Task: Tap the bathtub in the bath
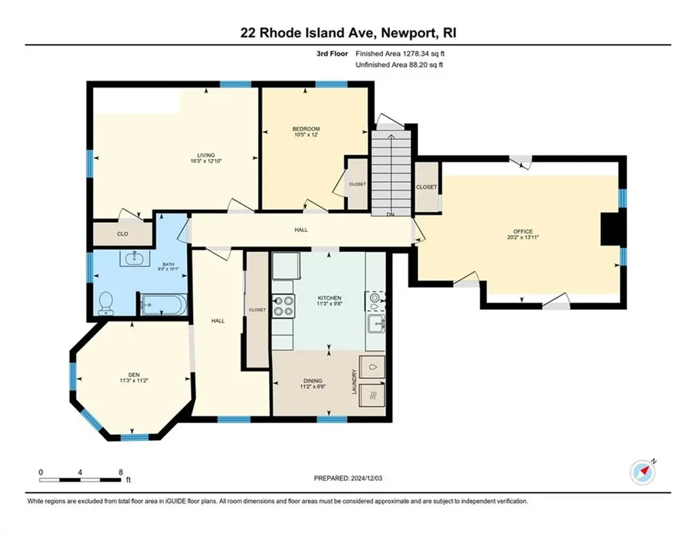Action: tap(164, 304)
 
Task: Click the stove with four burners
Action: tap(283, 306)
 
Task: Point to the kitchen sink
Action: tap(375, 323)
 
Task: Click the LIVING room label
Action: tap(206, 156)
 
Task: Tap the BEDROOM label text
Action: tap(306, 129)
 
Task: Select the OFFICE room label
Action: tap(523, 232)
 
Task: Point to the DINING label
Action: tap(313, 380)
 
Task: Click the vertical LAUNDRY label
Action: tap(355, 382)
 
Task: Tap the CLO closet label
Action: tap(122, 234)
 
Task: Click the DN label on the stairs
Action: tap(390, 215)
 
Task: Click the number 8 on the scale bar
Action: tap(121, 472)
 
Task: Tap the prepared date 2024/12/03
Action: tap(366, 478)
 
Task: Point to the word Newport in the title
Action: tap(408, 33)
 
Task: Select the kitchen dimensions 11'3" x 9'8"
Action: tap(330, 304)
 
